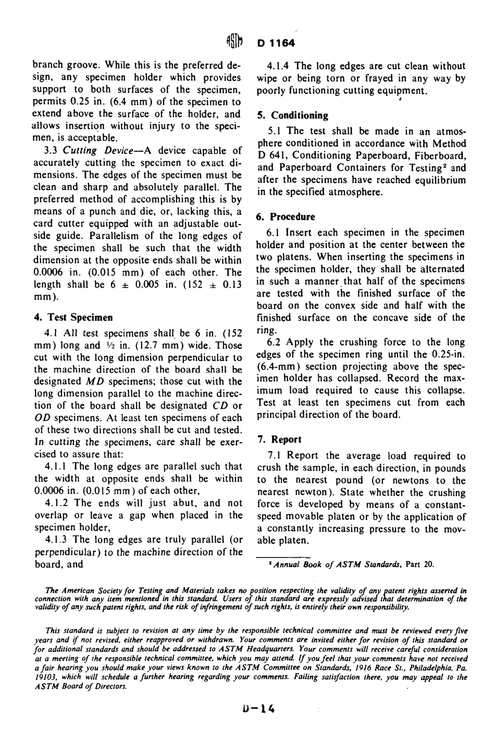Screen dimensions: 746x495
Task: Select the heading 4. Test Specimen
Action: click(73, 317)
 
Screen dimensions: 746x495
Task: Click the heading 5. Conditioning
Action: click(293, 116)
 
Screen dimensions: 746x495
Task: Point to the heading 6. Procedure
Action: click(286, 217)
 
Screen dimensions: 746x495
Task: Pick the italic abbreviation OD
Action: click(42, 418)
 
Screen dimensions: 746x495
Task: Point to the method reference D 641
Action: click(273, 156)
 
